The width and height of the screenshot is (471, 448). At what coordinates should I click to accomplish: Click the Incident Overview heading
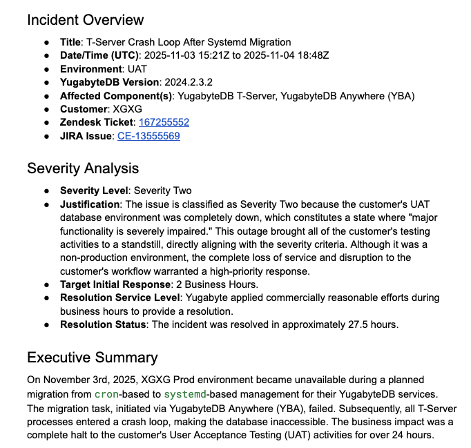[x=86, y=20]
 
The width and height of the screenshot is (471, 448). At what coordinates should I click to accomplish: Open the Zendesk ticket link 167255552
[x=164, y=122]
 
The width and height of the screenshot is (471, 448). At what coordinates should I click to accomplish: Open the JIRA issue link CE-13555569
[x=148, y=136]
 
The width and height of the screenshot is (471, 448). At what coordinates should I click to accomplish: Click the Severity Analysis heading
[x=83, y=168]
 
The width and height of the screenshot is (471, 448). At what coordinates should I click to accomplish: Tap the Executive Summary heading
[x=92, y=358]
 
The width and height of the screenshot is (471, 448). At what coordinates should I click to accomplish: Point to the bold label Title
[x=70, y=42]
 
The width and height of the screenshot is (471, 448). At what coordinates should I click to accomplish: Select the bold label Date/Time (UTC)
[x=99, y=55]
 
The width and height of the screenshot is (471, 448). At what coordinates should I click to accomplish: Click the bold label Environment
[x=90, y=69]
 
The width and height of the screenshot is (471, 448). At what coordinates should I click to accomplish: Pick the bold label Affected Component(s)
[x=115, y=96]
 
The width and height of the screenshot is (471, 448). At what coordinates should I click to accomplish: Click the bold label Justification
[x=90, y=204]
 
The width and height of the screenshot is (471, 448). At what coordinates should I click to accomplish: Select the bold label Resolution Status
[x=103, y=324]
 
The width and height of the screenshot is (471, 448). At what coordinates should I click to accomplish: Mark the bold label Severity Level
[x=94, y=191]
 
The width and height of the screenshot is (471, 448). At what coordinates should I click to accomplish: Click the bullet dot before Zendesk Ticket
[x=46, y=123]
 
